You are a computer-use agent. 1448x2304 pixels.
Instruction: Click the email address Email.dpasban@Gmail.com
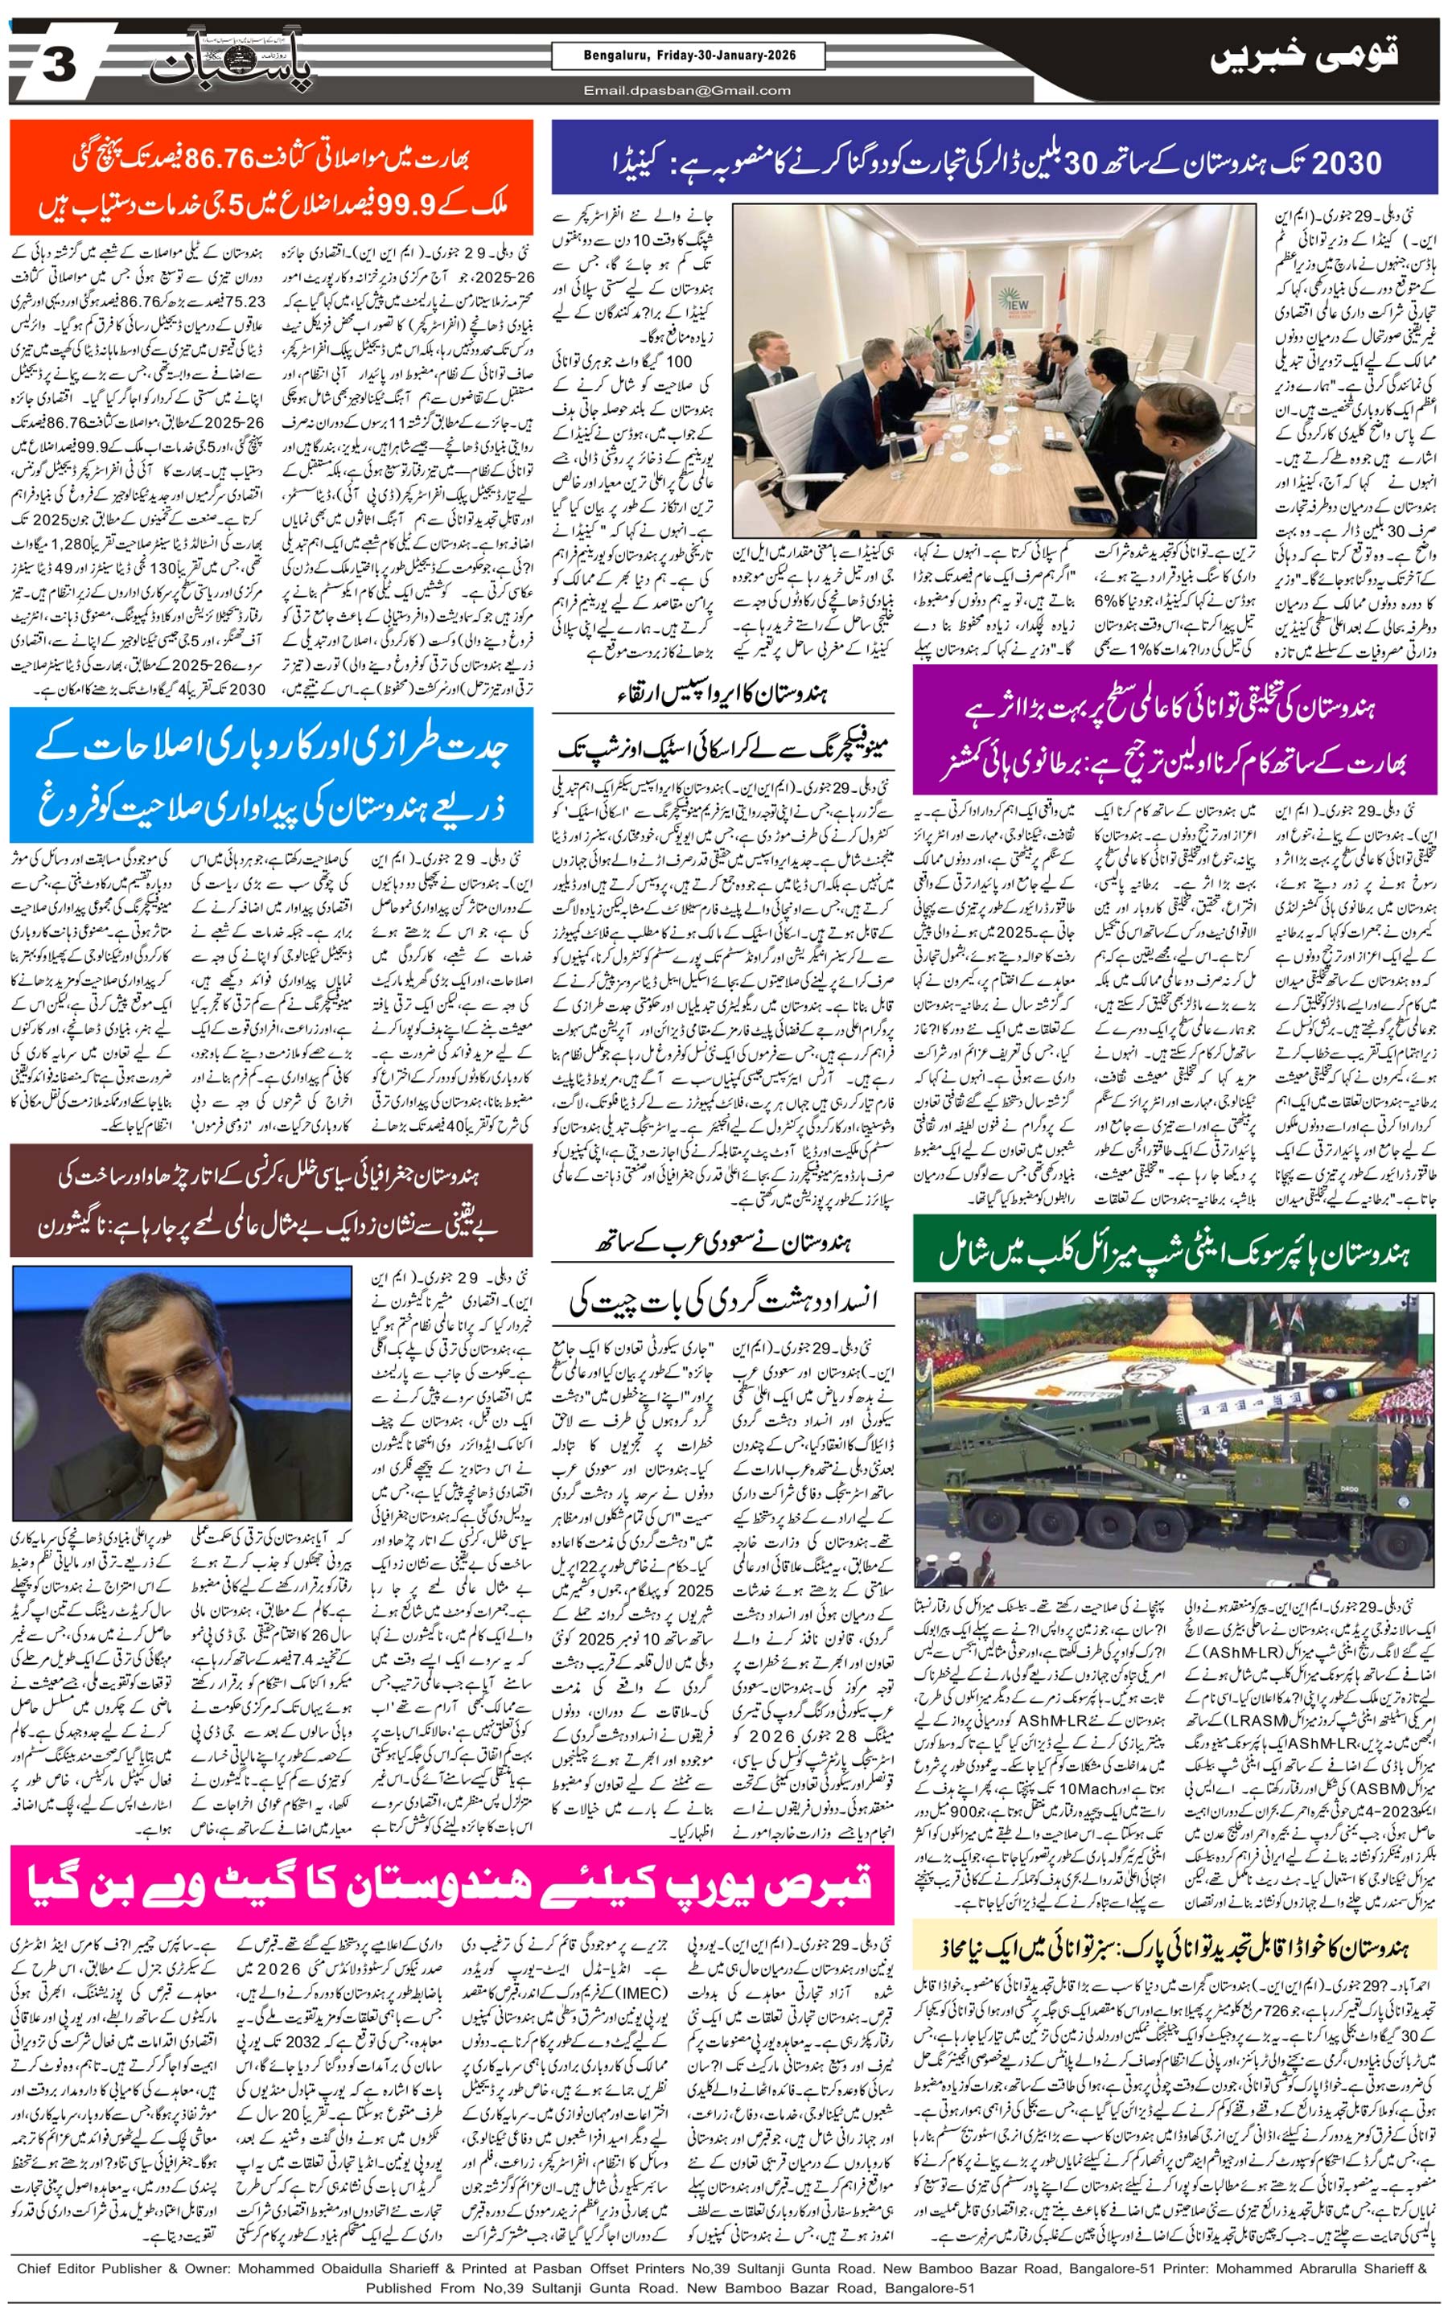(687, 91)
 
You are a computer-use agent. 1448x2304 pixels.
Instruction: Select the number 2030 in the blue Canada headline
(1347, 162)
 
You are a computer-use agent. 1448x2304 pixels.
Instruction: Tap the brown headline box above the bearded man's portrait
(271, 1201)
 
